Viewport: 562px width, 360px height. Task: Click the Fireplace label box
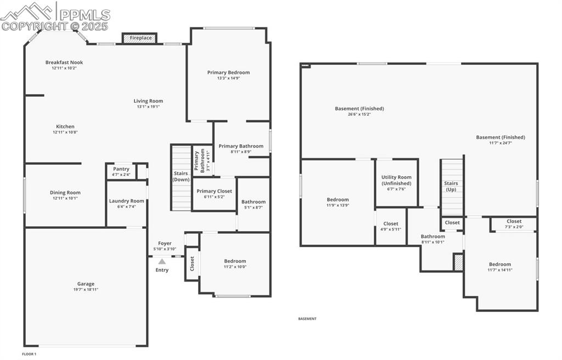pos(139,38)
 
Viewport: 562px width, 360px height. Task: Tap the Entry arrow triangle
pos(162,262)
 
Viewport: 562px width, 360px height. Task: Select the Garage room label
pos(86,284)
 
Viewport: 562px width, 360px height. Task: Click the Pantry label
pos(121,169)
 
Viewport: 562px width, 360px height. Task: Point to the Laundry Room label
pos(126,201)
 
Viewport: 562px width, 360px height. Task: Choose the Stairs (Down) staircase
pos(181,177)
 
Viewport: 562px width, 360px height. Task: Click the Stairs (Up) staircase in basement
pos(452,187)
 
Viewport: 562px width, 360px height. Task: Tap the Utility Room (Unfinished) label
pos(396,180)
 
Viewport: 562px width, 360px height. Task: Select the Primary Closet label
pos(214,191)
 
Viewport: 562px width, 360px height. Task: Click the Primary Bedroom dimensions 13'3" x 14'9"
pos(228,78)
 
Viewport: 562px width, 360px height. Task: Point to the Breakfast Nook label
pos(64,63)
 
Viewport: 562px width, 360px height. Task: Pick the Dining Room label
pos(65,193)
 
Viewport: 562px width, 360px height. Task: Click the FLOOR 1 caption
pos(29,355)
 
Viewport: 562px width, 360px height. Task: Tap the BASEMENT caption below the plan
pos(307,319)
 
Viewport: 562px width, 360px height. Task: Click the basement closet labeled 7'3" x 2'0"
pos(514,224)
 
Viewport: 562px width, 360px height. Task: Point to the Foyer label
pos(165,243)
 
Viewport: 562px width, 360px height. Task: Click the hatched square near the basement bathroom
pos(458,262)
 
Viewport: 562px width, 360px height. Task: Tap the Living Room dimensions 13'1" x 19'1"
pos(148,106)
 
